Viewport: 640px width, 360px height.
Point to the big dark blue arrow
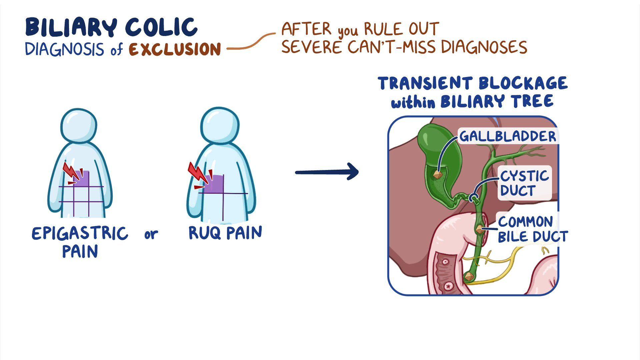click(x=327, y=172)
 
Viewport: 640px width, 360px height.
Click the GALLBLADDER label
click(x=508, y=136)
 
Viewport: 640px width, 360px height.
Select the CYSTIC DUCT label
click(x=524, y=183)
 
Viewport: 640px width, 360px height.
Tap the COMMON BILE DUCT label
click(x=533, y=229)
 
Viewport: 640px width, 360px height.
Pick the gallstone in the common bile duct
click(x=479, y=229)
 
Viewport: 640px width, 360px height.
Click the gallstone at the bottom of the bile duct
click(x=469, y=276)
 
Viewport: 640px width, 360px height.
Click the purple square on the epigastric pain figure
click(x=82, y=179)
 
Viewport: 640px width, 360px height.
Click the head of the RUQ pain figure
click(x=220, y=126)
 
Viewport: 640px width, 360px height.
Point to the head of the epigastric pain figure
click(x=79, y=126)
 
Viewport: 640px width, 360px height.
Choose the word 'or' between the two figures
click(x=151, y=235)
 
